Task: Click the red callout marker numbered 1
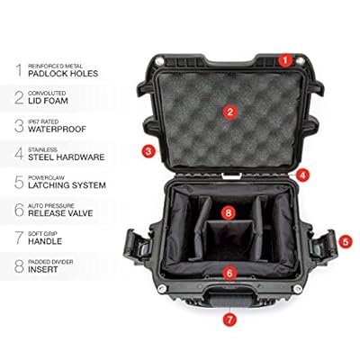point(285,60)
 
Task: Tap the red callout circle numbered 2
point(230,112)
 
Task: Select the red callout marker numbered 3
point(148,151)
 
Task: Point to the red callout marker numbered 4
point(302,175)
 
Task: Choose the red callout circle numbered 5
point(346,241)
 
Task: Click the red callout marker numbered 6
point(229,273)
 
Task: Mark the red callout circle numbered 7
point(229,319)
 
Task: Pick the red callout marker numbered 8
point(229,213)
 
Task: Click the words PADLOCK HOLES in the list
point(63,74)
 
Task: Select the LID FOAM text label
point(48,101)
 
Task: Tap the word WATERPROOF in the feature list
point(57,130)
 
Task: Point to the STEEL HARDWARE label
point(67,157)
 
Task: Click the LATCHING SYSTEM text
point(67,185)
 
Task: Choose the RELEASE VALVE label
point(60,213)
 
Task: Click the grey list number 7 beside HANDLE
point(19,238)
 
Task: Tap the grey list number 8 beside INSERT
point(19,265)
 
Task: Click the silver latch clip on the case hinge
point(231,175)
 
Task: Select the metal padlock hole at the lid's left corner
point(160,61)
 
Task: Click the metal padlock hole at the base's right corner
point(298,289)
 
